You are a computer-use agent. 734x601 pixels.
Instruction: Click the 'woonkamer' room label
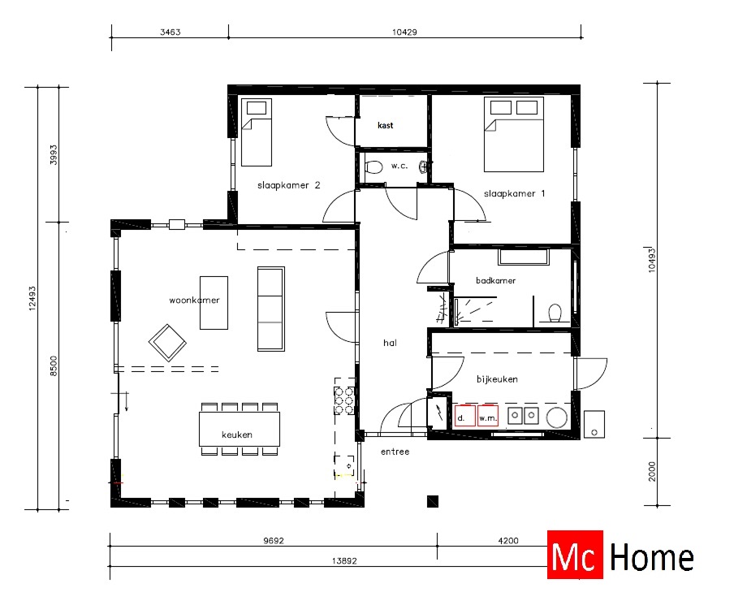coord(194,300)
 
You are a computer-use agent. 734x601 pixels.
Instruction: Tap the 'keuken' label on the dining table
coord(237,435)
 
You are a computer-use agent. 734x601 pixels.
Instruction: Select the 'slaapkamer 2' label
coord(288,185)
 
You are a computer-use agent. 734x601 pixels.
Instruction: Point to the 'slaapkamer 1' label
coord(516,193)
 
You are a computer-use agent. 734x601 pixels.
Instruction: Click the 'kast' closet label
coord(386,126)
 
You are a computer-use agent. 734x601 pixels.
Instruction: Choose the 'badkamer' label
coord(496,280)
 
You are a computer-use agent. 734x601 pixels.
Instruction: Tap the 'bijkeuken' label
coord(497,378)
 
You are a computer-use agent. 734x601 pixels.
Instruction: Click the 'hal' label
coord(390,343)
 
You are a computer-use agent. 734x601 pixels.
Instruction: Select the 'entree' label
coord(395,452)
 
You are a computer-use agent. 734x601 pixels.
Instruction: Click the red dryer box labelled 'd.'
coord(464,417)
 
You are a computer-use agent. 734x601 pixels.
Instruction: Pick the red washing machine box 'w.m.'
coord(487,417)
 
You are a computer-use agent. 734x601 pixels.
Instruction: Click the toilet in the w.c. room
coord(373,167)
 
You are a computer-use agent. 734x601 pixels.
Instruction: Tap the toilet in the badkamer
coord(556,312)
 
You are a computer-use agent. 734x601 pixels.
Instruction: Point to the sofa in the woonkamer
coord(271,308)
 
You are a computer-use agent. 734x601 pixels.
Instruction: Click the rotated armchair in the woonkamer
coord(167,343)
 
